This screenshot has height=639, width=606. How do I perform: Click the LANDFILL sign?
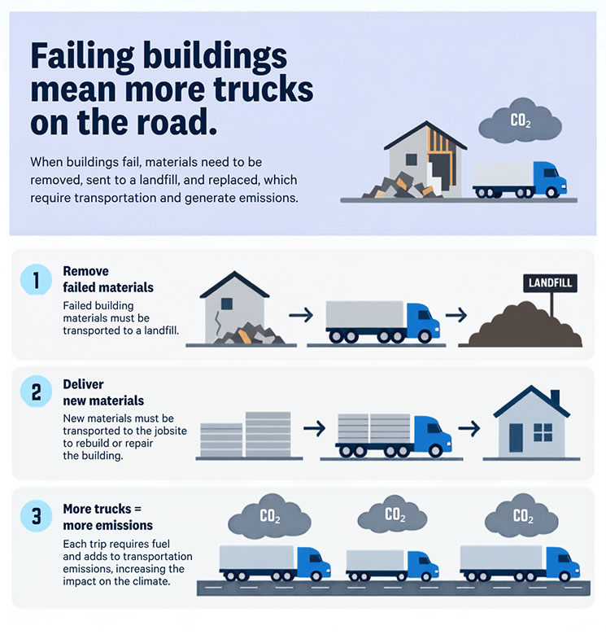(x=550, y=282)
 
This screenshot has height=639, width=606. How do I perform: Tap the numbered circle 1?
(x=37, y=280)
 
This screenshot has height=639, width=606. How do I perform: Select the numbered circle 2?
(x=37, y=392)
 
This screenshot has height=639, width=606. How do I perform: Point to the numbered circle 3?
(x=37, y=516)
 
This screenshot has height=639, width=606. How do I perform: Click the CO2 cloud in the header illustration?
(x=520, y=120)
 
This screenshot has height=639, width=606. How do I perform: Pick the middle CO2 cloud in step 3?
(x=393, y=515)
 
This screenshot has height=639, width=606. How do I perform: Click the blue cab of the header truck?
(x=549, y=178)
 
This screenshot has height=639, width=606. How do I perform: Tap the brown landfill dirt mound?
(x=525, y=326)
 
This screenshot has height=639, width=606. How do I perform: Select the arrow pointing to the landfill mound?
(x=456, y=314)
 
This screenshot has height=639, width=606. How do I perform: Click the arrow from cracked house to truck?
(x=301, y=314)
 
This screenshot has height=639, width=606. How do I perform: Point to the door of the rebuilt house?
(x=516, y=437)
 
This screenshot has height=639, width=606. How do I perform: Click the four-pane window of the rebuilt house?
(x=543, y=432)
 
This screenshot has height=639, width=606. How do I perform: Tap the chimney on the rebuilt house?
(x=555, y=398)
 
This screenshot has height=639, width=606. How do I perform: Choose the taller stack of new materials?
(x=268, y=435)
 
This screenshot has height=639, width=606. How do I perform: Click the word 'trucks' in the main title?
(x=264, y=89)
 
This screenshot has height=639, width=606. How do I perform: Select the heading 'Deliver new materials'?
(x=103, y=392)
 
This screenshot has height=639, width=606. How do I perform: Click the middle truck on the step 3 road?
(x=392, y=565)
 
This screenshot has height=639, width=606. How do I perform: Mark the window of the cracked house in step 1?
(x=227, y=304)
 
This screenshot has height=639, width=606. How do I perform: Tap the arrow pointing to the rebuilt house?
(x=469, y=428)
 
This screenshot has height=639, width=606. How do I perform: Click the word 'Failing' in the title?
(x=83, y=57)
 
